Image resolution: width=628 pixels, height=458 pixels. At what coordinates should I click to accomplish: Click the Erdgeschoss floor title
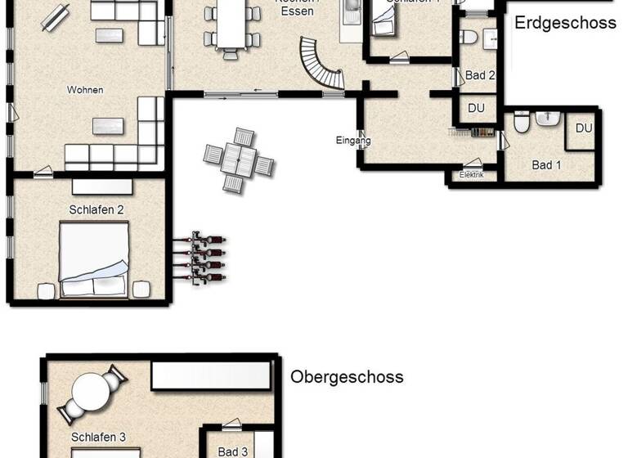pyautogui.click(x=565, y=23)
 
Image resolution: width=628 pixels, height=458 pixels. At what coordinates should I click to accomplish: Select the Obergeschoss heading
pyautogui.click(x=347, y=377)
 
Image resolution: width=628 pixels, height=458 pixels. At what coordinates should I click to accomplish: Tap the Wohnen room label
pyautogui.click(x=85, y=89)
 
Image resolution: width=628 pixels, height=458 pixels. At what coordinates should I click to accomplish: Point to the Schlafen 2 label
pyautogui.click(x=96, y=209)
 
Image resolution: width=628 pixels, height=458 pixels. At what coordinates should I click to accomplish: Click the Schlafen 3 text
pyautogui.click(x=98, y=438)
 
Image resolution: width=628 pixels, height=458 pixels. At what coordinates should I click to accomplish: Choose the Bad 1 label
pyautogui.click(x=546, y=165)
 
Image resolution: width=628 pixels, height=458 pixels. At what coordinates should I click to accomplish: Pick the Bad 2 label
pyautogui.click(x=480, y=75)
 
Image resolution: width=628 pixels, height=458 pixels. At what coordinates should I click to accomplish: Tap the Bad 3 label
pyautogui.click(x=233, y=451)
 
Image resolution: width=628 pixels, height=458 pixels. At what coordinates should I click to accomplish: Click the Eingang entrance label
pyautogui.click(x=353, y=141)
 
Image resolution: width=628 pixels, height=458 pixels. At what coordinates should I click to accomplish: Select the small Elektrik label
pyautogui.click(x=472, y=175)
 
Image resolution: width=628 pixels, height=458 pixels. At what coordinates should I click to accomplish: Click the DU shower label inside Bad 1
pyautogui.click(x=584, y=128)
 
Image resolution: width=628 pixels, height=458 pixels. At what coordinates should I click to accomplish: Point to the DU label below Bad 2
pyautogui.click(x=476, y=108)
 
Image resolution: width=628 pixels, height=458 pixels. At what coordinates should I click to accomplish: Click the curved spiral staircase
pyautogui.click(x=321, y=65)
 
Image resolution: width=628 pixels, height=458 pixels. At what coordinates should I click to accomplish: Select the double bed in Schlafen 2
pyautogui.click(x=93, y=260)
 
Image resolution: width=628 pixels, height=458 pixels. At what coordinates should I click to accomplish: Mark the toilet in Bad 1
pyautogui.click(x=522, y=123)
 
